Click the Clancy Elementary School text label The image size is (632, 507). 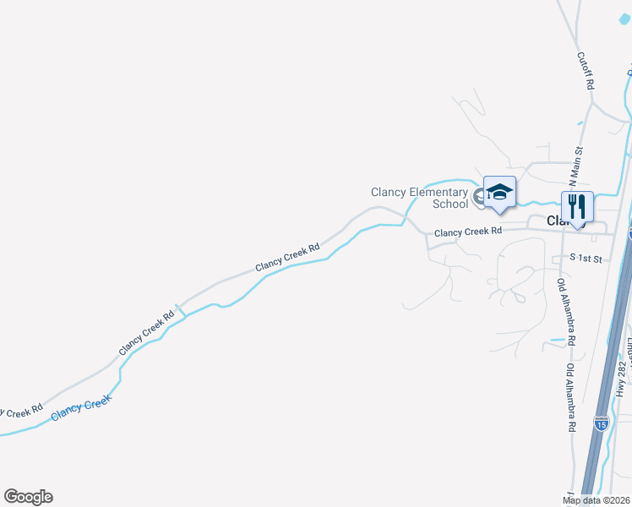420,198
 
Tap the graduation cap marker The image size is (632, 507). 499,193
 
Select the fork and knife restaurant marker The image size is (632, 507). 578,207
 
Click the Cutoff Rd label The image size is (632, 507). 585,71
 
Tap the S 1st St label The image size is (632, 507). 585,258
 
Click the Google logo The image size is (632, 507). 28,497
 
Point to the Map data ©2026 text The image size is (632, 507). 596,500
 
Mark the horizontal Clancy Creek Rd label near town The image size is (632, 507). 468,231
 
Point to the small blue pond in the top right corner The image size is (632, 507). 629,74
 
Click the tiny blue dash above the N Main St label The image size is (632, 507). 580,123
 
